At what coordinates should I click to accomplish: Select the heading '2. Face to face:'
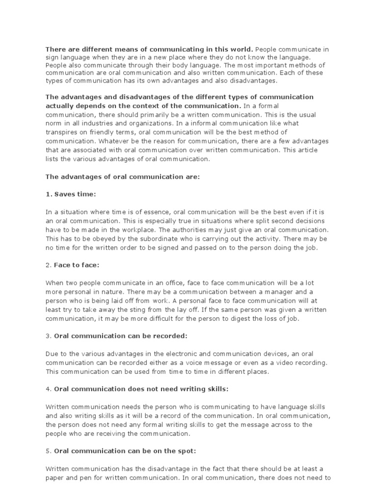(x=73, y=265)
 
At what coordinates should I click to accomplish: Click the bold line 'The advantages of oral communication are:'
(x=123, y=176)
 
